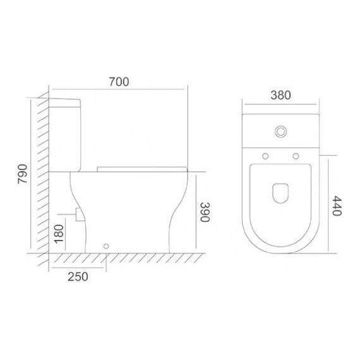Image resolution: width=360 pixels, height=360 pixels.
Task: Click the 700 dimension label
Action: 119,81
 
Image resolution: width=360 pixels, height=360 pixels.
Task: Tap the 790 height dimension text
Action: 23,174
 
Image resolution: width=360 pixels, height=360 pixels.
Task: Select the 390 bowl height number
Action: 205,212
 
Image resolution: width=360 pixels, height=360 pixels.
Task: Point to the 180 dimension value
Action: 59,234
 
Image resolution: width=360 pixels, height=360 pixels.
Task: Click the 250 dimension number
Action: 78,277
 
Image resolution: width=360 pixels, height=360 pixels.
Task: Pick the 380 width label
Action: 280,95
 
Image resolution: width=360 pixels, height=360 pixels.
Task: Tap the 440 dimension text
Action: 337,206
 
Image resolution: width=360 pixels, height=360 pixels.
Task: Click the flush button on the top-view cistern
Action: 280,131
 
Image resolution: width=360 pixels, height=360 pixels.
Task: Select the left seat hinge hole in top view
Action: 265,156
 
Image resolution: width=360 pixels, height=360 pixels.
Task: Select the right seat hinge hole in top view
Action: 296,156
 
